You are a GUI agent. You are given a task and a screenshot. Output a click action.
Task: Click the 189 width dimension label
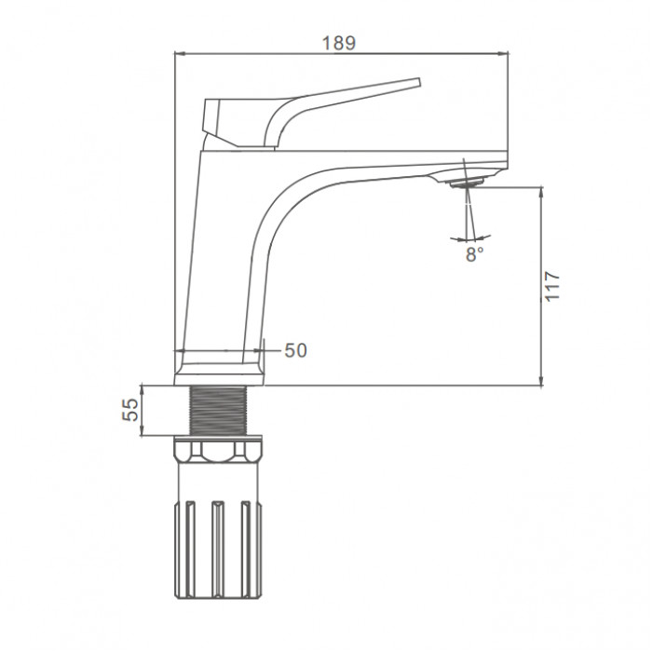pyautogui.click(x=339, y=43)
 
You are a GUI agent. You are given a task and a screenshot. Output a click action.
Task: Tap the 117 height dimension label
pyautogui.click(x=552, y=286)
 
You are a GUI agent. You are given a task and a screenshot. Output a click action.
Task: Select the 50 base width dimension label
pyautogui.click(x=295, y=350)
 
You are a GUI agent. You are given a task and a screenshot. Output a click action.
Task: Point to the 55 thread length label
pyautogui.click(x=130, y=410)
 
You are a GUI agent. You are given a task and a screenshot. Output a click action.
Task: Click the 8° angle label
pyautogui.click(x=474, y=254)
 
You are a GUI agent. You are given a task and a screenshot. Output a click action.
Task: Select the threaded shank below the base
pyautogui.click(x=218, y=411)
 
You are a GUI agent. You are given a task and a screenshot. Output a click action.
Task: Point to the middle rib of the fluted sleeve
pyautogui.click(x=218, y=550)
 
